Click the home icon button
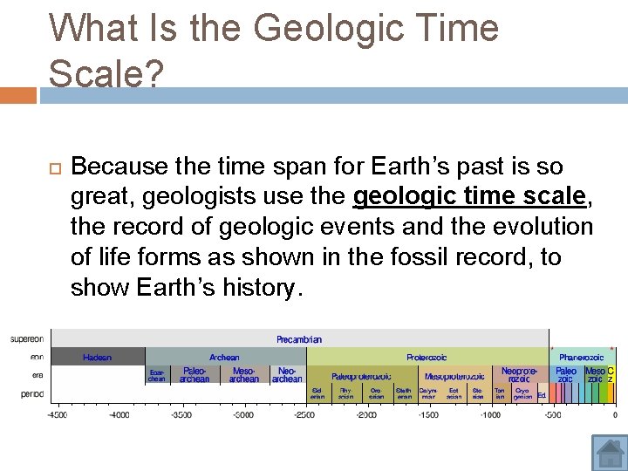click(x=610, y=453)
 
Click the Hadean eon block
click(x=98, y=357)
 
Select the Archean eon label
click(x=224, y=357)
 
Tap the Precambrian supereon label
click(x=299, y=339)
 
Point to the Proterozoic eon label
click(x=427, y=357)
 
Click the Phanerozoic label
click(x=581, y=357)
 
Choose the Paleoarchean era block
click(x=195, y=375)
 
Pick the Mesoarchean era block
click(x=244, y=375)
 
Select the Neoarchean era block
click(x=287, y=375)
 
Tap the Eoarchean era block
click(x=157, y=375)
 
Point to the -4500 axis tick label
click(x=57, y=415)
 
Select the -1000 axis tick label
click(x=491, y=415)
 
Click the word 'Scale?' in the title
click(x=106, y=73)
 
